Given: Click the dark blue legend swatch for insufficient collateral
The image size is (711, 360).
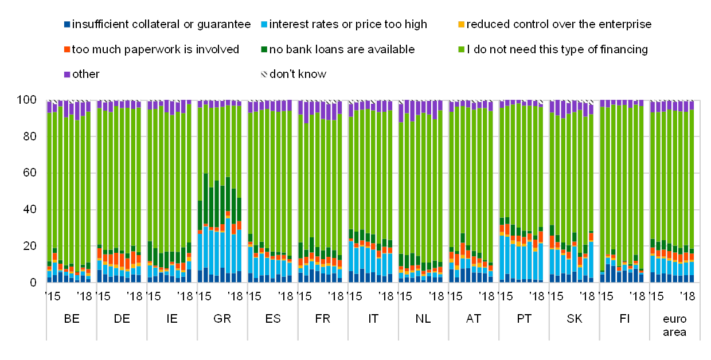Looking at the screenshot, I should click(67, 25).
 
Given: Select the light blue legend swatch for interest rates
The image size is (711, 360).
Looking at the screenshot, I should click(264, 25).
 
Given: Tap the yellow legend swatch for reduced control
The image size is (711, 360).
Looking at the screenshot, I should click(461, 25).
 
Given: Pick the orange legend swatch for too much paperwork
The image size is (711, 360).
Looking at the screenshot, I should click(67, 50).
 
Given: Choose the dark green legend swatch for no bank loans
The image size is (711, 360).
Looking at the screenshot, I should click(264, 50).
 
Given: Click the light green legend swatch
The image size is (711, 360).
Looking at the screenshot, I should click(461, 50).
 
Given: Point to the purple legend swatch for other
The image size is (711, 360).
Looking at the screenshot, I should click(67, 75).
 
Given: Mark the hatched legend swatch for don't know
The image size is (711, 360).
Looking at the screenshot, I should click(264, 75).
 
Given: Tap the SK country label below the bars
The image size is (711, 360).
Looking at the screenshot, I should click(575, 319).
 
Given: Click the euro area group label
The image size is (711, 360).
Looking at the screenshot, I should click(675, 325).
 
